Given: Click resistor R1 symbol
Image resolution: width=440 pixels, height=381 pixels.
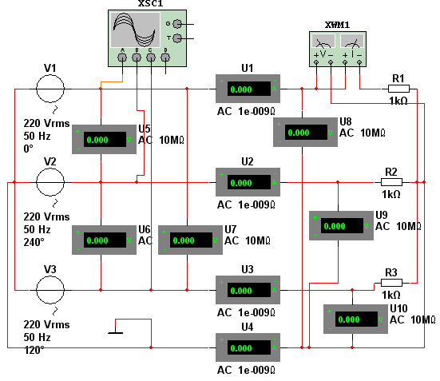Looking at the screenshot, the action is tap(398, 89).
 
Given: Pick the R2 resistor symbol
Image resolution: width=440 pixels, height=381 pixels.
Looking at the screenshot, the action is tap(391, 182).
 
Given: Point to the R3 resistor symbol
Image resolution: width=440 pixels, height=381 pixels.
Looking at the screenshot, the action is tap(391, 283).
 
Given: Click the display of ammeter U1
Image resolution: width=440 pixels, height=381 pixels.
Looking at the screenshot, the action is tap(249, 89).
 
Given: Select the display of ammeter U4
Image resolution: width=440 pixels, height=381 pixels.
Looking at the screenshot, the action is tap(249, 347).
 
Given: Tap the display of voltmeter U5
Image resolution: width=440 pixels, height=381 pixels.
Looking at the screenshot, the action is tap(105, 139).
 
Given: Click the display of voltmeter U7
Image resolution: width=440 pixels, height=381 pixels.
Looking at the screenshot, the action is tap(191, 240).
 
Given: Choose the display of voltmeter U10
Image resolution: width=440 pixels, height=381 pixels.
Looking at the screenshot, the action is tap(356, 319).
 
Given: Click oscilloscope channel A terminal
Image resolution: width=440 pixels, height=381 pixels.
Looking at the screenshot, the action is tap(122, 58).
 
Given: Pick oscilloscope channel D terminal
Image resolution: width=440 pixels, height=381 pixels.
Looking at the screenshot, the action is tap(165, 58).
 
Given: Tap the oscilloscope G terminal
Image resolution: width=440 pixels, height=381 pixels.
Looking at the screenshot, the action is tap(177, 24).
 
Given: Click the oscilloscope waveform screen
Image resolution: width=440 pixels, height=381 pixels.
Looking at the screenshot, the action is tap(136, 30).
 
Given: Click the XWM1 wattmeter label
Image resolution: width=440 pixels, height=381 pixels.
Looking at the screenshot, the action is tap(337, 25).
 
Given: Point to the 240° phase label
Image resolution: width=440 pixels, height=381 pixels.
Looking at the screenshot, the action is tap(34, 242).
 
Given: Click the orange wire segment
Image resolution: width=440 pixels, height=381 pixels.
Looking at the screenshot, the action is tap(112, 81).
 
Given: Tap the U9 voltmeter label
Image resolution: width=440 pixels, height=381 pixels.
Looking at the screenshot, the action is tap(382, 215).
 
